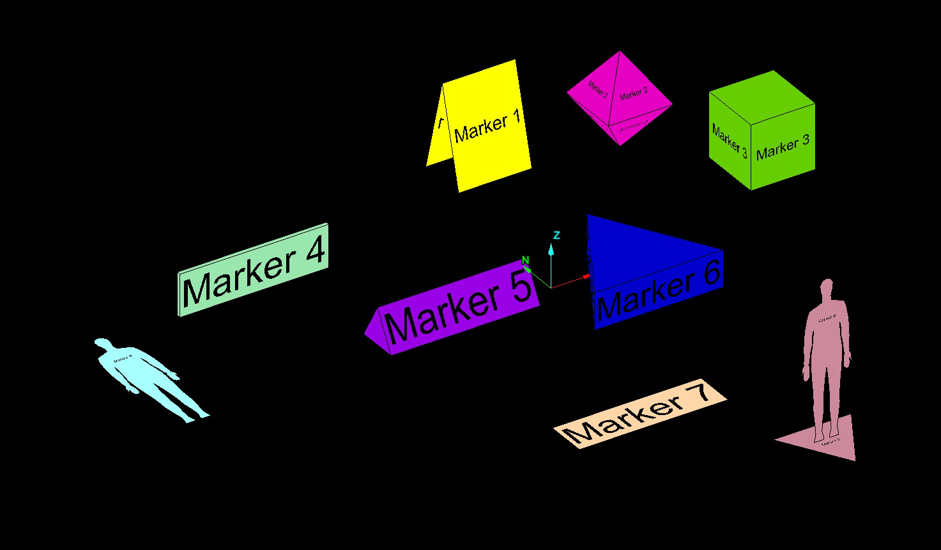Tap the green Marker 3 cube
(761, 131)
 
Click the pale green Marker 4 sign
(253, 269)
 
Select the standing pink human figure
(826, 358)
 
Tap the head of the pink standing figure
(827, 288)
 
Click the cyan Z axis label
(556, 235)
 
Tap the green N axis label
(525, 260)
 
